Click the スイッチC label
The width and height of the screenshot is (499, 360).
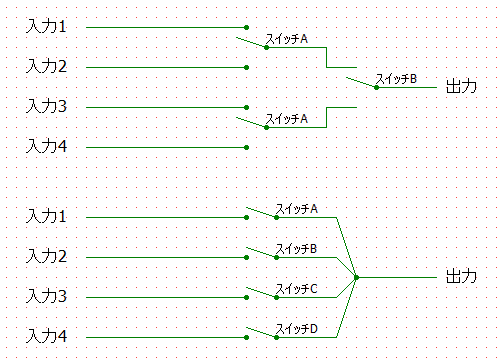click(x=296, y=289)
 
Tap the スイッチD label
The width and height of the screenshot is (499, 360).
click(x=296, y=329)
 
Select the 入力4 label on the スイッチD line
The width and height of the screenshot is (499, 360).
click(x=47, y=336)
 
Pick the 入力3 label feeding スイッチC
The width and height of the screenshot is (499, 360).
click(x=47, y=296)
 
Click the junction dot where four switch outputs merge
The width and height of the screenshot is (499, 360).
click(x=356, y=277)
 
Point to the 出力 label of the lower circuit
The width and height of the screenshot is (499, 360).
click(x=461, y=276)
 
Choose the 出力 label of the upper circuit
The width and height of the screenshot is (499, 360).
click(x=461, y=86)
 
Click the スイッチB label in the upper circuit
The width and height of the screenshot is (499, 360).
click(x=396, y=79)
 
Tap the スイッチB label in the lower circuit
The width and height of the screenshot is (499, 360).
click(x=296, y=249)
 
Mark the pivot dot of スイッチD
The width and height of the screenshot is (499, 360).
click(x=276, y=337)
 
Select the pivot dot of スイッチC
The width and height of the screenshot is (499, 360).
click(x=276, y=297)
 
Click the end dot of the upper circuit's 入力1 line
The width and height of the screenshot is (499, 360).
click(x=246, y=27)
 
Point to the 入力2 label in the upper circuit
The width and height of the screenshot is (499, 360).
click(x=47, y=66)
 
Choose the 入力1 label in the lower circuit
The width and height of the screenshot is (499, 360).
click(x=47, y=216)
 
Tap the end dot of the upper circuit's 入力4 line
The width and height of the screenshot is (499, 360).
click(x=246, y=147)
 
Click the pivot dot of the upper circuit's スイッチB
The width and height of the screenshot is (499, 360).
click(x=376, y=87)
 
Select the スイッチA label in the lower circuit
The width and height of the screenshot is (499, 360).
click(x=296, y=209)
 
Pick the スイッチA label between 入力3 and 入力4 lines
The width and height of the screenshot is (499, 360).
click(x=286, y=119)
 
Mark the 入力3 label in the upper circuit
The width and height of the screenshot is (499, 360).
click(x=47, y=106)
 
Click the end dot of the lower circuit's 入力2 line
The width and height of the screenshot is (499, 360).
click(x=246, y=257)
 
